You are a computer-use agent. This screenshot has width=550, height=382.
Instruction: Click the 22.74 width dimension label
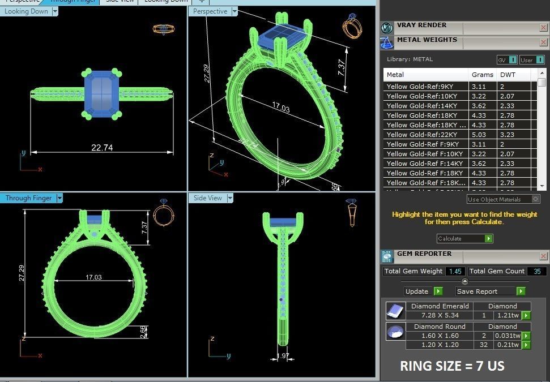(x=102, y=148)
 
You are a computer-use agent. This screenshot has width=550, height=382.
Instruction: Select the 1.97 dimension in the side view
(x=283, y=356)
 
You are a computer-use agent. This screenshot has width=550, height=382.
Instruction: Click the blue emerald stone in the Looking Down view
(x=102, y=93)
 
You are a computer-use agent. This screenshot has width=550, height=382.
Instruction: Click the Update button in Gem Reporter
(x=417, y=291)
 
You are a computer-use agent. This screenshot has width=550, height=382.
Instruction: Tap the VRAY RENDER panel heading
(x=421, y=25)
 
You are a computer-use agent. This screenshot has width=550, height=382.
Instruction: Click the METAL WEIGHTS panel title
(x=427, y=40)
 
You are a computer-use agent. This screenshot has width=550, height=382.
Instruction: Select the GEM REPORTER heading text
(x=424, y=254)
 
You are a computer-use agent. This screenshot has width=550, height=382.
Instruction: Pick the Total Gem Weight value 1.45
(x=455, y=272)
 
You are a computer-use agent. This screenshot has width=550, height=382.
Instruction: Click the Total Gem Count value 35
(x=536, y=272)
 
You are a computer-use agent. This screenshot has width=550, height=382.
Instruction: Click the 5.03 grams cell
(x=479, y=135)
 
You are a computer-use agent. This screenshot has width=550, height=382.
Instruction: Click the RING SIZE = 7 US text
(x=451, y=366)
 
